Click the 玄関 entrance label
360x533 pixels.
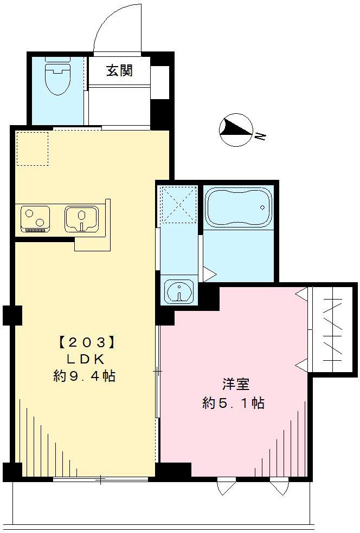coord(119,70)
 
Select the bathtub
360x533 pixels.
coord(237,207)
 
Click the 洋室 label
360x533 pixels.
coord(235,385)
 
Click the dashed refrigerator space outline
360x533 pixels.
coord(32,148)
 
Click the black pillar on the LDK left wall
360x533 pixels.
coord(12,315)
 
